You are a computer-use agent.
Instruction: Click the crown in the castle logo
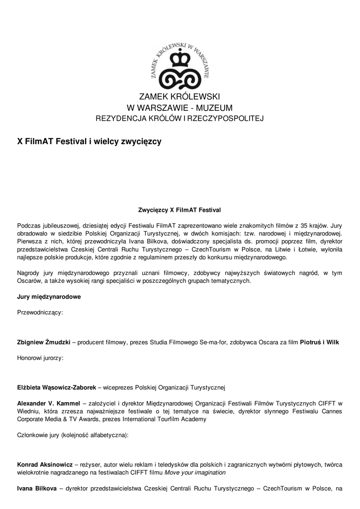point(180,59)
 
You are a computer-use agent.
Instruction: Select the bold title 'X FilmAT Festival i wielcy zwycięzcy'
point(90,142)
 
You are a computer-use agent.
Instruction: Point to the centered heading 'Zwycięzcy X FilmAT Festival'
point(180,210)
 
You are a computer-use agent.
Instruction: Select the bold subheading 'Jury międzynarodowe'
point(49,297)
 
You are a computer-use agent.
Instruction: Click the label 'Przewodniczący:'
point(40,313)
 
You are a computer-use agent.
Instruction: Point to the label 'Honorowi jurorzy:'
point(40,358)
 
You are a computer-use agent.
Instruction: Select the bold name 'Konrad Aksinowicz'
point(45,464)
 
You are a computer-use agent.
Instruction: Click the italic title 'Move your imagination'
point(195,472)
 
